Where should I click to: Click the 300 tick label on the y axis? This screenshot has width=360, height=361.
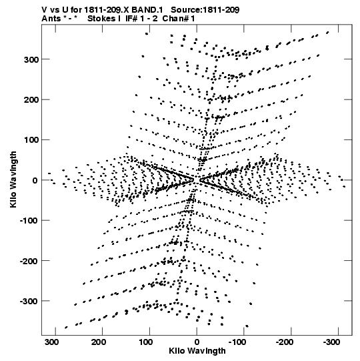(31, 59)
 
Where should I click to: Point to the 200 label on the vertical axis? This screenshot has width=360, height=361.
(31, 100)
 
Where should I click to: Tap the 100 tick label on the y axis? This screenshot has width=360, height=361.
(31, 140)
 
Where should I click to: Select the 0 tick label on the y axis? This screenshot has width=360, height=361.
(35, 180)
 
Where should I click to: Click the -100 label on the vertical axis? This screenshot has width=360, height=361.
(29, 221)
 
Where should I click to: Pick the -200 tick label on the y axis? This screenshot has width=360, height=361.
(29, 261)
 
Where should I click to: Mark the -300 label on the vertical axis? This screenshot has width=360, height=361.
(29, 301)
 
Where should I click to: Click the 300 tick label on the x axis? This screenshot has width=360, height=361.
(52, 342)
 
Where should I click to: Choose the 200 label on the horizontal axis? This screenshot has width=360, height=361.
(99, 342)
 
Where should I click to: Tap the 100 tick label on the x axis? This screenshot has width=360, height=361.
(146, 342)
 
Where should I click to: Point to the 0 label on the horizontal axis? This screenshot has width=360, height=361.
(197, 342)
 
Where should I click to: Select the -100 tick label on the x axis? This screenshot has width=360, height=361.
(237, 342)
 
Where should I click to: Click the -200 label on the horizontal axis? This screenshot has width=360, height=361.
(285, 342)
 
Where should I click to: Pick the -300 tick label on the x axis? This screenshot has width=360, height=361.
(331, 342)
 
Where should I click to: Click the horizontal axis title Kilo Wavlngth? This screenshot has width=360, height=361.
(197, 351)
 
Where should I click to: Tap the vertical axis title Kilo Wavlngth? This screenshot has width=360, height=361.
(13, 179)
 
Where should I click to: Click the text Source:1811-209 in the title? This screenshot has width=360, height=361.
(205, 10)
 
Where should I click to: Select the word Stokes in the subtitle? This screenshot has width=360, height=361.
(101, 19)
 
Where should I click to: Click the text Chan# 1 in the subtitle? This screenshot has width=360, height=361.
(179, 19)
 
